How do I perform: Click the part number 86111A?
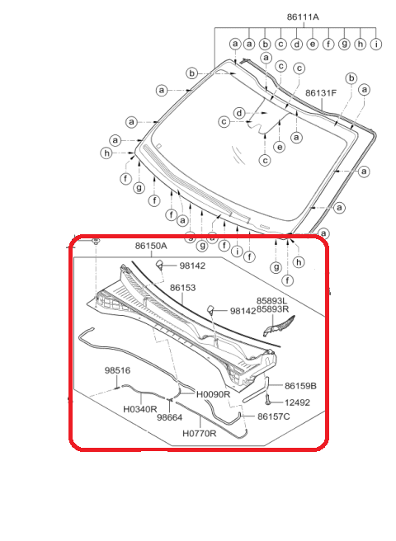pyautogui.click(x=303, y=16)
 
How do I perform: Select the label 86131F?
pyautogui.click(x=321, y=93)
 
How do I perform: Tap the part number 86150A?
pyautogui.click(x=151, y=246)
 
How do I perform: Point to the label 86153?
pyautogui.click(x=182, y=287)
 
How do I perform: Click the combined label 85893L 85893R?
pyautogui.click(x=272, y=305)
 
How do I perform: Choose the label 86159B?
pyautogui.click(x=300, y=386)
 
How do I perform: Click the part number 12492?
pyautogui.click(x=297, y=402)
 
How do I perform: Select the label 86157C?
pyautogui.click(x=274, y=416)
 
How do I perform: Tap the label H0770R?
pyautogui.click(x=199, y=433)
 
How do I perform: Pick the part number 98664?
pyautogui.click(x=169, y=417)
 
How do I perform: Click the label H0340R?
pyautogui.click(x=140, y=409)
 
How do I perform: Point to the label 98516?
pyautogui.click(x=117, y=370)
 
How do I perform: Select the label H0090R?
pyautogui.click(x=213, y=394)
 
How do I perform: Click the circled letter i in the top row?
pyautogui.click(x=375, y=44)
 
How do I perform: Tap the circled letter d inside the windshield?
pyautogui.click(x=239, y=113)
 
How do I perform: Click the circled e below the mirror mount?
pyautogui.click(x=280, y=147)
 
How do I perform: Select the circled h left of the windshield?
pyautogui.click(x=106, y=153)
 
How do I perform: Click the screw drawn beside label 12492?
pyautogui.click(x=267, y=400)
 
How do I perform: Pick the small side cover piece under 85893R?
pyautogui.click(x=278, y=326)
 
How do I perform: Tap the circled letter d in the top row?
pyautogui.click(x=296, y=44)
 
